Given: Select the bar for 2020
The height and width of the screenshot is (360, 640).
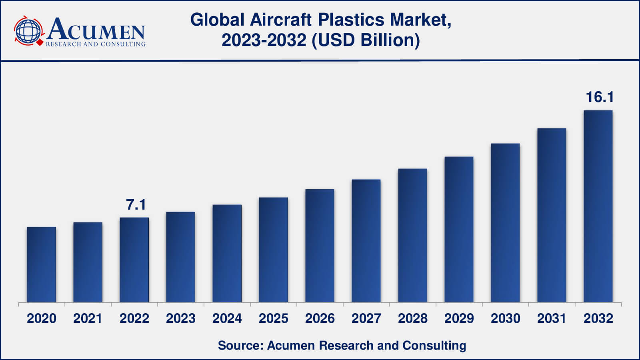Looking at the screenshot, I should click(x=42, y=264).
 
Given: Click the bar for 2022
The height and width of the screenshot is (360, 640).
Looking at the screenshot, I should click(x=134, y=260).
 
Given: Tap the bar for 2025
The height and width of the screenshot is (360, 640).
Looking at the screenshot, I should click(x=273, y=250).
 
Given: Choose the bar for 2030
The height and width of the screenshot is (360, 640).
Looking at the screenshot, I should click(x=505, y=223).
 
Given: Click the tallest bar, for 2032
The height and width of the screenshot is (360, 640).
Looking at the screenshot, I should click(x=598, y=206).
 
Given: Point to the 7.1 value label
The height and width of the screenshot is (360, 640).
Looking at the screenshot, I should click(x=136, y=205).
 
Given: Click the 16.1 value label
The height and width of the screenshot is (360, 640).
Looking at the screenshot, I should click(x=599, y=97).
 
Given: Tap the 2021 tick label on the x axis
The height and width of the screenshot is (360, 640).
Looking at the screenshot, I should click(x=88, y=318).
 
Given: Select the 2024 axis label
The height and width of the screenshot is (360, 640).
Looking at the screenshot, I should click(x=227, y=318).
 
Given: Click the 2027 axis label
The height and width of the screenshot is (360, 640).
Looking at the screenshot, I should click(x=366, y=318).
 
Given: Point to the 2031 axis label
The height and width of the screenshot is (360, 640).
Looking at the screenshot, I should click(x=552, y=318).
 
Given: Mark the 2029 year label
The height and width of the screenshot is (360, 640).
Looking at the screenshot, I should click(x=459, y=318).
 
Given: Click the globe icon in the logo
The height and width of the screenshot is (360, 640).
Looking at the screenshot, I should click(x=28, y=31).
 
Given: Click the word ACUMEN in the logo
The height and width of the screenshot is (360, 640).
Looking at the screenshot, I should click(x=96, y=29).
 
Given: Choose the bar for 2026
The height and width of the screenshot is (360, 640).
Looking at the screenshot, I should click(x=320, y=246).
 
